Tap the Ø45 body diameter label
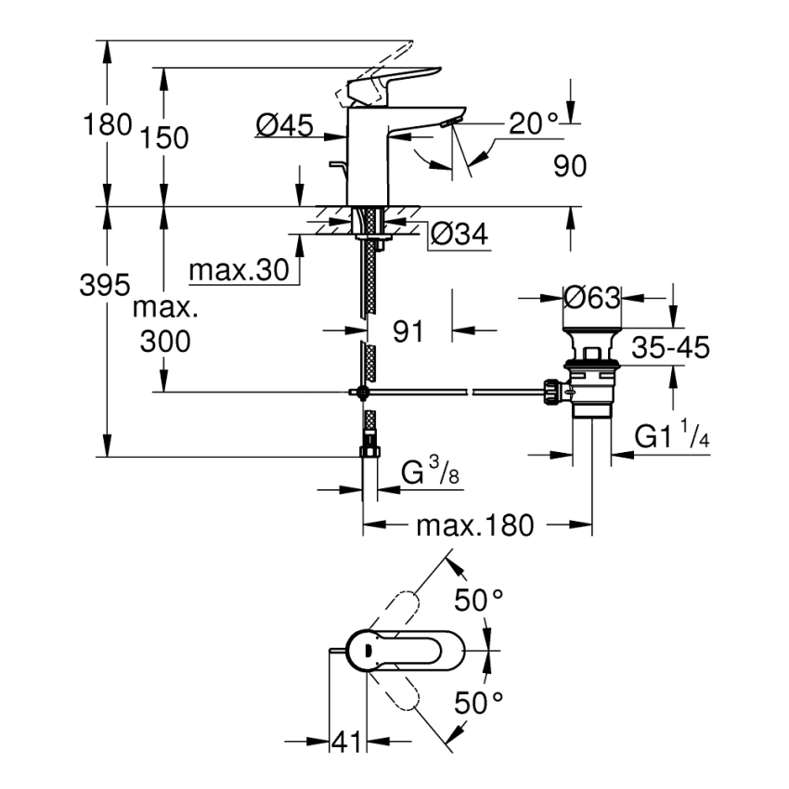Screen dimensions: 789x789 [x=284, y=123]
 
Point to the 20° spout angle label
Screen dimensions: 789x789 [x=533, y=123]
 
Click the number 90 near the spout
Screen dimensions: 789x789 [x=571, y=166]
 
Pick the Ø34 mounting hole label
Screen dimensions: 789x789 [x=459, y=237]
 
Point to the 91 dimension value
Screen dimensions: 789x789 [x=408, y=330]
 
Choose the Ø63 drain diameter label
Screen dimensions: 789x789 [x=591, y=298]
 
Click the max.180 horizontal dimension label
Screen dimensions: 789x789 [x=475, y=525]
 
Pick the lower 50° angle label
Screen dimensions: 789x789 [x=478, y=703]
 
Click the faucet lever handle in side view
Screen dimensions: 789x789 [x=390, y=82]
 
